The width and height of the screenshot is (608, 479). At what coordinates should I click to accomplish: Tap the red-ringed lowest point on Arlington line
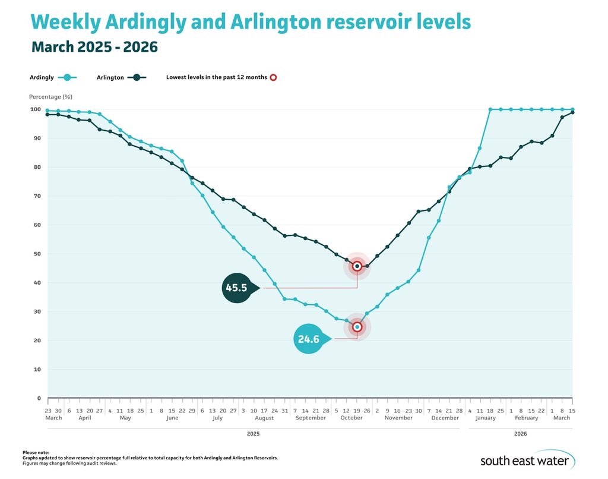click(x=357, y=266)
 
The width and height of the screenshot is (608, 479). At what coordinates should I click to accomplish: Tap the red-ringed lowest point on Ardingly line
click(x=357, y=327)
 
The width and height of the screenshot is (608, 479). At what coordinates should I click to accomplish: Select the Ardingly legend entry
click(x=52, y=77)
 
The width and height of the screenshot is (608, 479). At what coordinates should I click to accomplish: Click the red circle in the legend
click(x=273, y=77)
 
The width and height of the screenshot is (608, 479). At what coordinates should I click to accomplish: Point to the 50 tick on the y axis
click(x=36, y=254)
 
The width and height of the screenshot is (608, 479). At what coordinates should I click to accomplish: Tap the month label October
click(x=351, y=418)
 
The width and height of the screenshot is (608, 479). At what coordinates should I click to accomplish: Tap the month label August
click(x=264, y=418)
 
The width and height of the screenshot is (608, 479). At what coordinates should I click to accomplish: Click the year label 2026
click(x=520, y=434)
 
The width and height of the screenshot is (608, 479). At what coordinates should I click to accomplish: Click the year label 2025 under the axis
click(x=254, y=434)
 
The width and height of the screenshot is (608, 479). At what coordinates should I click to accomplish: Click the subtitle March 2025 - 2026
click(x=94, y=47)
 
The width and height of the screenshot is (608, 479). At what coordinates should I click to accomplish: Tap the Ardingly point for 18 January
click(x=490, y=109)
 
